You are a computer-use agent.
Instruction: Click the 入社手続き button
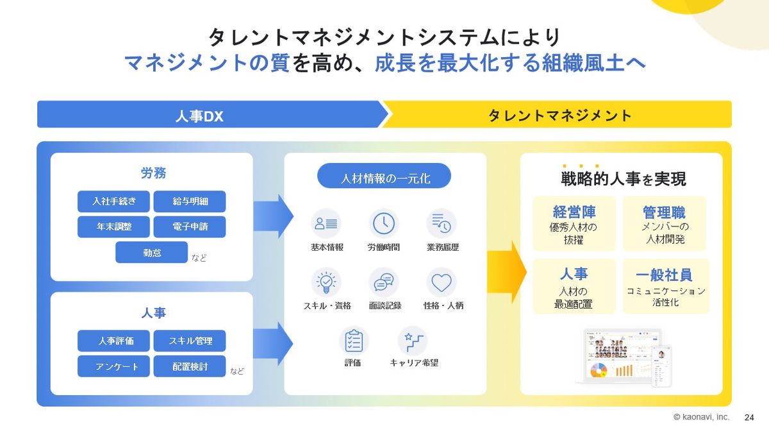pyautogui.click(x=113, y=201)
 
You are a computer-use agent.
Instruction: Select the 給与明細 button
pyautogui.click(x=190, y=201)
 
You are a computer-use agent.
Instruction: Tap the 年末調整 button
pyautogui.click(x=113, y=227)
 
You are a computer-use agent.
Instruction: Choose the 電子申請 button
pyautogui.click(x=190, y=227)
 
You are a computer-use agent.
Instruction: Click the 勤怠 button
pyautogui.click(x=151, y=253)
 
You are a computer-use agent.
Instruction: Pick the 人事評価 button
pyautogui.click(x=113, y=341)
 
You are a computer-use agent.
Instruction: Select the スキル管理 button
pyautogui.click(x=190, y=341)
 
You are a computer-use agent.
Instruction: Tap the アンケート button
pyautogui.click(x=113, y=366)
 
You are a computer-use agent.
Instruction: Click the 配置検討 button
pyautogui.click(x=190, y=366)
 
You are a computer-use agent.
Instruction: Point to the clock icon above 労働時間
pyautogui.click(x=384, y=223)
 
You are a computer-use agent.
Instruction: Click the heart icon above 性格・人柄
pyautogui.click(x=442, y=282)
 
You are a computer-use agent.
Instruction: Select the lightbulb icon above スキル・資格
pyautogui.click(x=326, y=282)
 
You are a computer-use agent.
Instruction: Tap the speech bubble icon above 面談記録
pyautogui.click(x=384, y=282)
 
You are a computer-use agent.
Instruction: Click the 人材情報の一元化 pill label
pyautogui.click(x=384, y=178)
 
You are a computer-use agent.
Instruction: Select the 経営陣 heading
pyautogui.click(x=574, y=212)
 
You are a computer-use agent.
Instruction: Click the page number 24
pyautogui.click(x=749, y=417)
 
